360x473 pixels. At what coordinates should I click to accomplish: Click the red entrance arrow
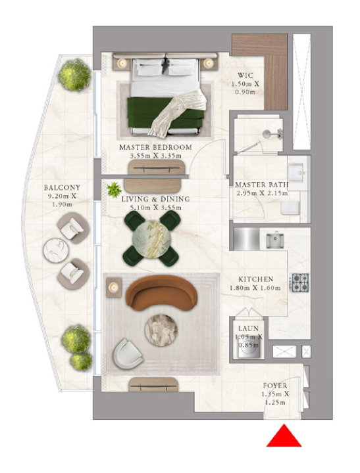point(284,436)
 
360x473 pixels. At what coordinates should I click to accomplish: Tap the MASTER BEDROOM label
point(156,148)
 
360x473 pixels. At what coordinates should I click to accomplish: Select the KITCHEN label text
point(256,279)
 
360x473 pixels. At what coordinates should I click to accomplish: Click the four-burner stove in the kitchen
point(300,282)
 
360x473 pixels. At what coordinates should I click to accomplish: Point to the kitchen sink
point(274,240)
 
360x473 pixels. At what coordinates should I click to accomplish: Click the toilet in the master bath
point(290,208)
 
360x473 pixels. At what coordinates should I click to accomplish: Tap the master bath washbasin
point(296,171)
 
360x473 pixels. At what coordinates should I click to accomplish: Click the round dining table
point(151,239)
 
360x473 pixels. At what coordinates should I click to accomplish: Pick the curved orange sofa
point(161,292)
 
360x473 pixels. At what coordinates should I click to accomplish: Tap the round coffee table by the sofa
point(161,330)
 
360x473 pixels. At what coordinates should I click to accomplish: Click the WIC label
point(245,75)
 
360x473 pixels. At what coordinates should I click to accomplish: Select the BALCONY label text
point(62,188)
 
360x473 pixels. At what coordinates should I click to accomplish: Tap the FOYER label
point(275,386)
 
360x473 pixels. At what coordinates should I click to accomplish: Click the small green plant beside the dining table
point(115,190)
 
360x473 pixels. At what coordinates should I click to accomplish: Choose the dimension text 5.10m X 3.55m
point(155,208)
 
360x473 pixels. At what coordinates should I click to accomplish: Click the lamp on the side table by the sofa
point(114,288)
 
